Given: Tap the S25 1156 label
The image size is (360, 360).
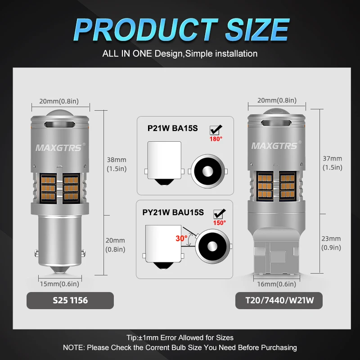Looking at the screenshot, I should pyautogui.click(x=69, y=301).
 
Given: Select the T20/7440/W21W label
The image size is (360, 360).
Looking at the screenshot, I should pyautogui.click(x=279, y=301).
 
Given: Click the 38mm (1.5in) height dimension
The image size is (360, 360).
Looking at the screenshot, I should pyautogui.click(x=116, y=164).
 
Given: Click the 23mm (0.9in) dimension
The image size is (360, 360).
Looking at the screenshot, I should pyautogui.click(x=331, y=243).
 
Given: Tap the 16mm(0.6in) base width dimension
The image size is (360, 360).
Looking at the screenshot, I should pyautogui.click(x=277, y=284).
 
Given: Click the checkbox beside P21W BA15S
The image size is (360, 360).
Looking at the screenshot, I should pyautogui.click(x=216, y=130).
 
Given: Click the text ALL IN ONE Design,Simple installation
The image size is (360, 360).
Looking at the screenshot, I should pyautogui.click(x=180, y=54).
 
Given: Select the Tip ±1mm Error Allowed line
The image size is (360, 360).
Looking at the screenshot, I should pyautogui.click(x=180, y=337).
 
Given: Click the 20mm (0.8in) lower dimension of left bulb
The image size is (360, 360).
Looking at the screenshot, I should pyautogui.click(x=115, y=245).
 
